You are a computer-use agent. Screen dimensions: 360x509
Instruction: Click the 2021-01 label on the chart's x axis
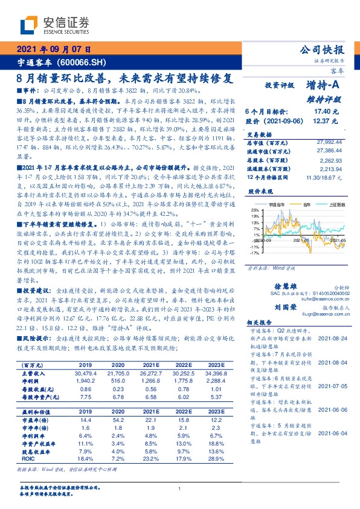(301, 240)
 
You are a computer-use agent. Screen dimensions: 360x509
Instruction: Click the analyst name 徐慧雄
(283, 271)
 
